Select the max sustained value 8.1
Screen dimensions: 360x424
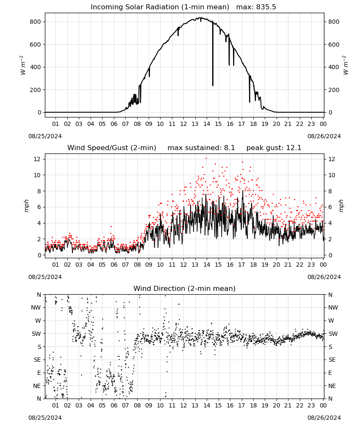(x=230, y=148)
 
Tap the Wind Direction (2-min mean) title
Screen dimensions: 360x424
(x=185, y=288)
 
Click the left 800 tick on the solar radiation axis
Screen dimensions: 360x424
(x=36, y=22)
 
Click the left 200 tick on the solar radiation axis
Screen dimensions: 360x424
(x=36, y=90)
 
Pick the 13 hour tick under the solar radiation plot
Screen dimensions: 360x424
(x=195, y=124)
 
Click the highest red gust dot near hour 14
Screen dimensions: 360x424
(x=206, y=159)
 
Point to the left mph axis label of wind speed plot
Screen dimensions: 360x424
(x=26, y=206)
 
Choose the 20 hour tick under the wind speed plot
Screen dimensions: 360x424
(x=276, y=265)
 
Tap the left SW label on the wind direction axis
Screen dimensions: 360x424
(x=36, y=334)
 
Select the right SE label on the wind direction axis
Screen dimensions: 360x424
(x=332, y=360)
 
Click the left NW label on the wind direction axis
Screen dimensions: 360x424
(x=36, y=307)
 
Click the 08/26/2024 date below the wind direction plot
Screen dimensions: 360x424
(x=324, y=418)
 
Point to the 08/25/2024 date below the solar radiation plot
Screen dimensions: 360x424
(x=45, y=136)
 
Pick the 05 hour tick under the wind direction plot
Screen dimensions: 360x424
(x=102, y=405)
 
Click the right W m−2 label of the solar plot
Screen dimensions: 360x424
(x=346, y=65)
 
